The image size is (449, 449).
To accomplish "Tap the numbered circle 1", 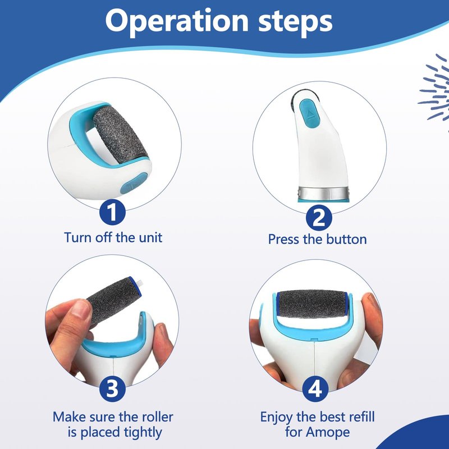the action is (113, 213).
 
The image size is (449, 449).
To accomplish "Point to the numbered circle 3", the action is (113, 388).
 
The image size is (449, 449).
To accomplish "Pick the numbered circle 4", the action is (315, 388).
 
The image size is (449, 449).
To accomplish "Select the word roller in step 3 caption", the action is (158, 416).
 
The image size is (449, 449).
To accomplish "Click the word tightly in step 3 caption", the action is (143, 432).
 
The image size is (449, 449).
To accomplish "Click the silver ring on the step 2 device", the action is (324, 193).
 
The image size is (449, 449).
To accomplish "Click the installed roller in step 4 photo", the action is (312, 304).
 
